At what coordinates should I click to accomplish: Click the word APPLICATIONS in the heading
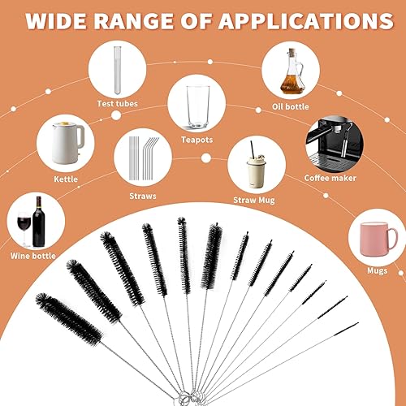click(306, 21)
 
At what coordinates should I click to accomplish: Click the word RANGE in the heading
click(134, 21)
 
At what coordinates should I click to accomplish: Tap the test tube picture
click(117, 71)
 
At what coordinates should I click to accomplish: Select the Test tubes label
click(118, 104)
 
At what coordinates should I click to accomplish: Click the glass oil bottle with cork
click(291, 71)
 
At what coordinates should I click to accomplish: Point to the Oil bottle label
click(291, 106)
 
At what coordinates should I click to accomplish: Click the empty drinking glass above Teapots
click(198, 107)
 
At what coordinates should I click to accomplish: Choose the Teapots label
click(197, 140)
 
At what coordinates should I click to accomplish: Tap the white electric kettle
click(67, 143)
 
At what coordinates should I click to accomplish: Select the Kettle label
click(66, 179)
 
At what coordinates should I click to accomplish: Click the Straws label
click(143, 196)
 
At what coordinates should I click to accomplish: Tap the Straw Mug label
click(254, 201)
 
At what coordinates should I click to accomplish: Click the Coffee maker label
click(330, 178)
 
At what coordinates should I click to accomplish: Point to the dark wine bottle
click(38, 222)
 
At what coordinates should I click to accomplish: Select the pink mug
click(378, 239)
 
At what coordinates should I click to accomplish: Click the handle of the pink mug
click(393, 239)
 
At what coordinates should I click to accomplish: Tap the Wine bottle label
click(33, 256)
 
